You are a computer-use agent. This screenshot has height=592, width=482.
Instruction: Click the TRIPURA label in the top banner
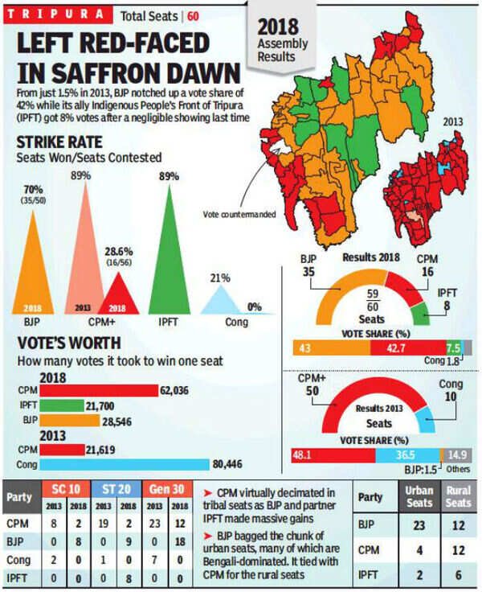pos(55,14)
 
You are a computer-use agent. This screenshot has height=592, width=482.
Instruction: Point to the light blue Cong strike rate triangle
pos(222,302)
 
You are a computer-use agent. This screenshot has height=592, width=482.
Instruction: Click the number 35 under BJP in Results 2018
pos(309,272)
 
